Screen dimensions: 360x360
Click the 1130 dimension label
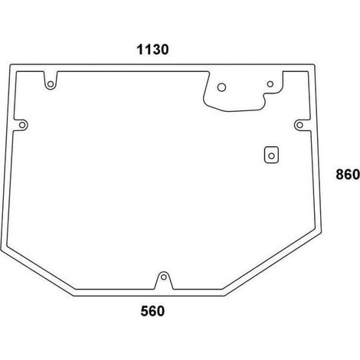pos(152,50)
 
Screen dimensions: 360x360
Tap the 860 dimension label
pos(348,175)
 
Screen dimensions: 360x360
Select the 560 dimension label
pos(152,311)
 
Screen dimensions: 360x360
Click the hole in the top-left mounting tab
pos(51,84)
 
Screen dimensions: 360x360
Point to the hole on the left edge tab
pos(22,125)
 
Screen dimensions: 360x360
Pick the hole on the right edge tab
pos(299,125)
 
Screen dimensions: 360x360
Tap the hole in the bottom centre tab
pos(164,277)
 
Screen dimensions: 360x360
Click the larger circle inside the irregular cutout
pos(221,87)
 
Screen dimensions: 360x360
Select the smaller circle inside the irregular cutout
pos(270,83)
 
